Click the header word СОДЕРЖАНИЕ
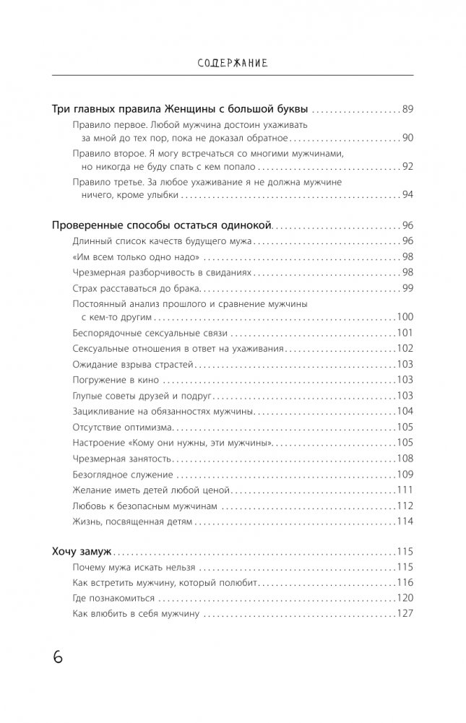coord(233,63)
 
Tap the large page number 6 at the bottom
coord(58,658)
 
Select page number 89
coord(407,109)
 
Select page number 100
coord(405,316)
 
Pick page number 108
coord(405,459)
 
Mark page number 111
coord(405,490)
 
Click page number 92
coord(407,166)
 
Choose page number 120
coord(405,598)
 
